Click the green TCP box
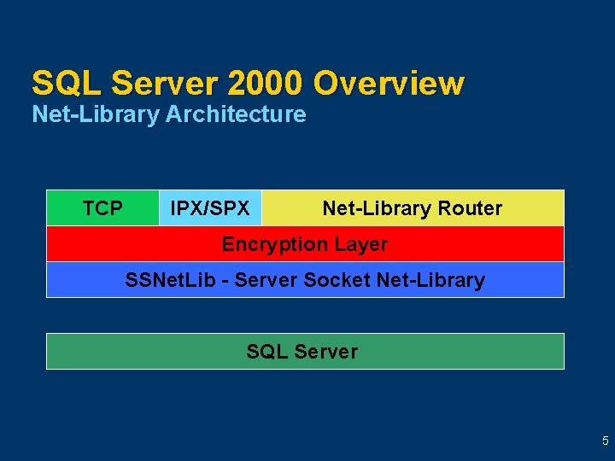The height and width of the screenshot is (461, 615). (x=102, y=208)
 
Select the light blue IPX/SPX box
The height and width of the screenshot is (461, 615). (x=210, y=208)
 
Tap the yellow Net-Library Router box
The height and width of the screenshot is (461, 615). (x=413, y=208)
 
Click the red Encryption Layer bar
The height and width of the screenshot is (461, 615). (x=305, y=244)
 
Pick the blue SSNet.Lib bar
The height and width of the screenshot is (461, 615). (x=305, y=280)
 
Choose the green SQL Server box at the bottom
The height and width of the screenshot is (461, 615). (x=305, y=351)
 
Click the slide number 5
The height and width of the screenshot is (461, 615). (x=606, y=441)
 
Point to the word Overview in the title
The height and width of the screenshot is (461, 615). (x=389, y=84)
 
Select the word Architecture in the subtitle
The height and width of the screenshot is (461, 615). (x=236, y=114)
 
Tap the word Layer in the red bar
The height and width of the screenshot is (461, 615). (x=360, y=244)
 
